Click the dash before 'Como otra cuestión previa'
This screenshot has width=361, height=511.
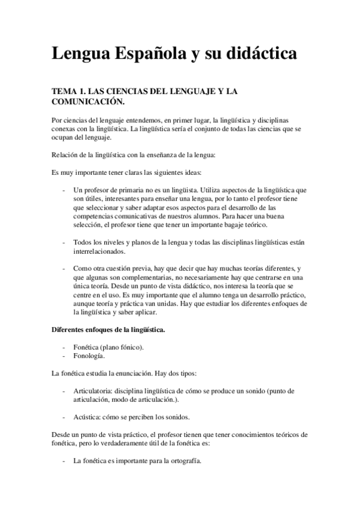(x=64, y=268)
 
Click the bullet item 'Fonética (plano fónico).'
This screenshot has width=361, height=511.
(x=109, y=348)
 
